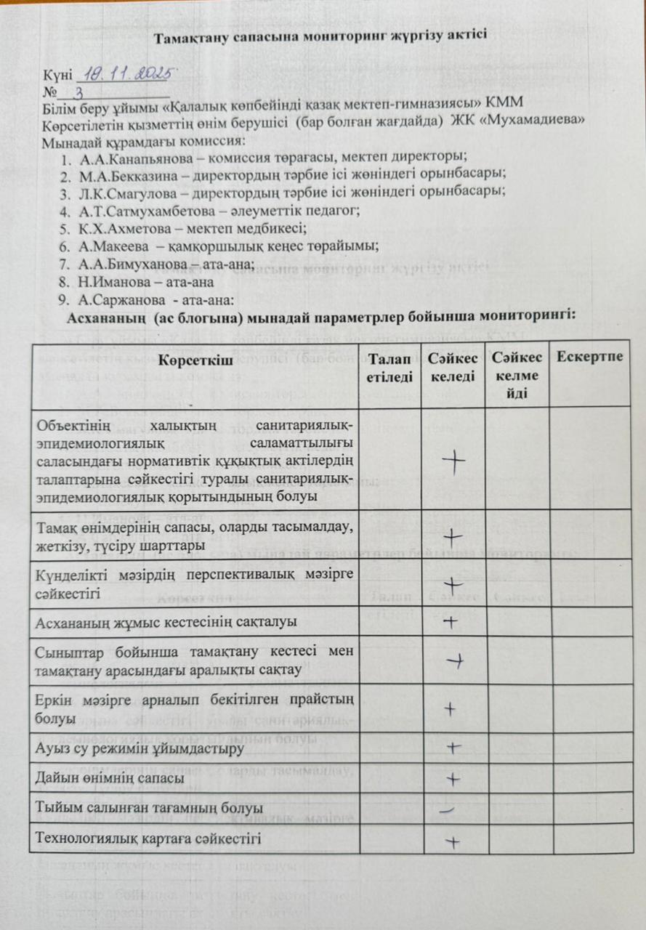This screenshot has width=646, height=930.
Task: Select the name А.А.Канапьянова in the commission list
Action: [x=120, y=157]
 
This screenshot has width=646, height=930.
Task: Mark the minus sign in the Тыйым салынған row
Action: [x=452, y=807]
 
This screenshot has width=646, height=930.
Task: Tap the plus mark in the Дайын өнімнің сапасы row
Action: [x=453, y=779]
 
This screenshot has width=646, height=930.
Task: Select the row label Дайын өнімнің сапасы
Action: [x=110, y=777]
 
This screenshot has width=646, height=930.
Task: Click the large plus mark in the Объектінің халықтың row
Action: [x=453, y=463]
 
